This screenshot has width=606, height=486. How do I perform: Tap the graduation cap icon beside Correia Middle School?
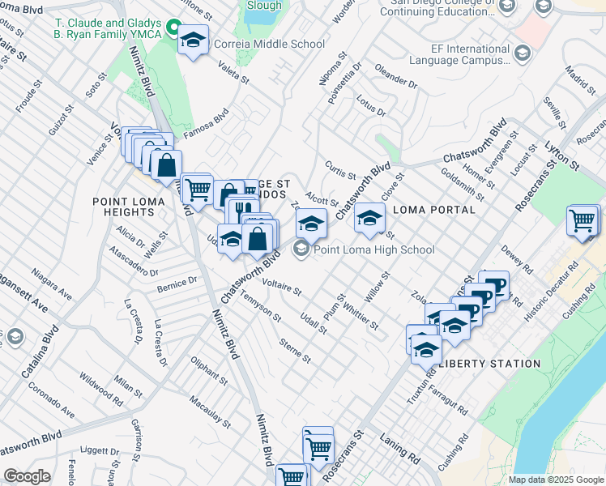click(193, 40)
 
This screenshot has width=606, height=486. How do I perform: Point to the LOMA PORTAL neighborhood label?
click(433, 210)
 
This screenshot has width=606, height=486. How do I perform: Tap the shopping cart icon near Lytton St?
click(583, 220)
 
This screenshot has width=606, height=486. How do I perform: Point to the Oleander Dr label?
click(395, 79)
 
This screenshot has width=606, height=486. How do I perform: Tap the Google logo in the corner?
click(27, 476)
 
